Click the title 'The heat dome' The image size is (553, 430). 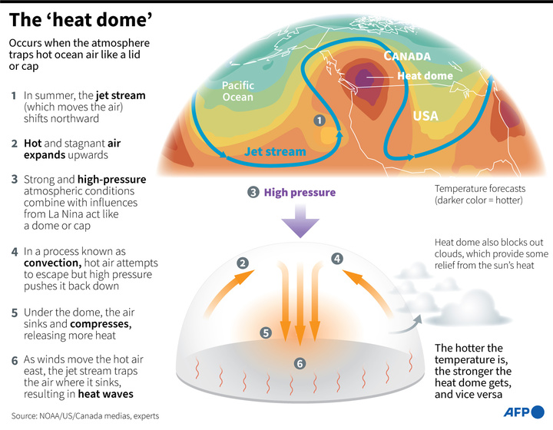81,20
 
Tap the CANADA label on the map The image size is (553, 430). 407,56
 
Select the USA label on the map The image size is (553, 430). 426,116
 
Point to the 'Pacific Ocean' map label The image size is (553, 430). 237,91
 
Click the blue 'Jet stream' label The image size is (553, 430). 275,151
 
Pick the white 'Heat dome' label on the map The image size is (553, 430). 425,76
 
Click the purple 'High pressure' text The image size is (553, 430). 300,193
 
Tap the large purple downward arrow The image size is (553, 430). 300,221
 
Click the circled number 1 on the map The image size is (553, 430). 320,121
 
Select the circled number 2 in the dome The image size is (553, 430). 243,263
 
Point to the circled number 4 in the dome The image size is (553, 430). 337,259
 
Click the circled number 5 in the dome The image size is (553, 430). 266,332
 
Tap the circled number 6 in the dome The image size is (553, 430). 300,363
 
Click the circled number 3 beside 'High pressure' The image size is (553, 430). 253,193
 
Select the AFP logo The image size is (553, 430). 524,412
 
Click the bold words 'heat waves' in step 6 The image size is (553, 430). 105,394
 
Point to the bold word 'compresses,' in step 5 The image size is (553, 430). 101,324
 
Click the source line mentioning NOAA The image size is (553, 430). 85,416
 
